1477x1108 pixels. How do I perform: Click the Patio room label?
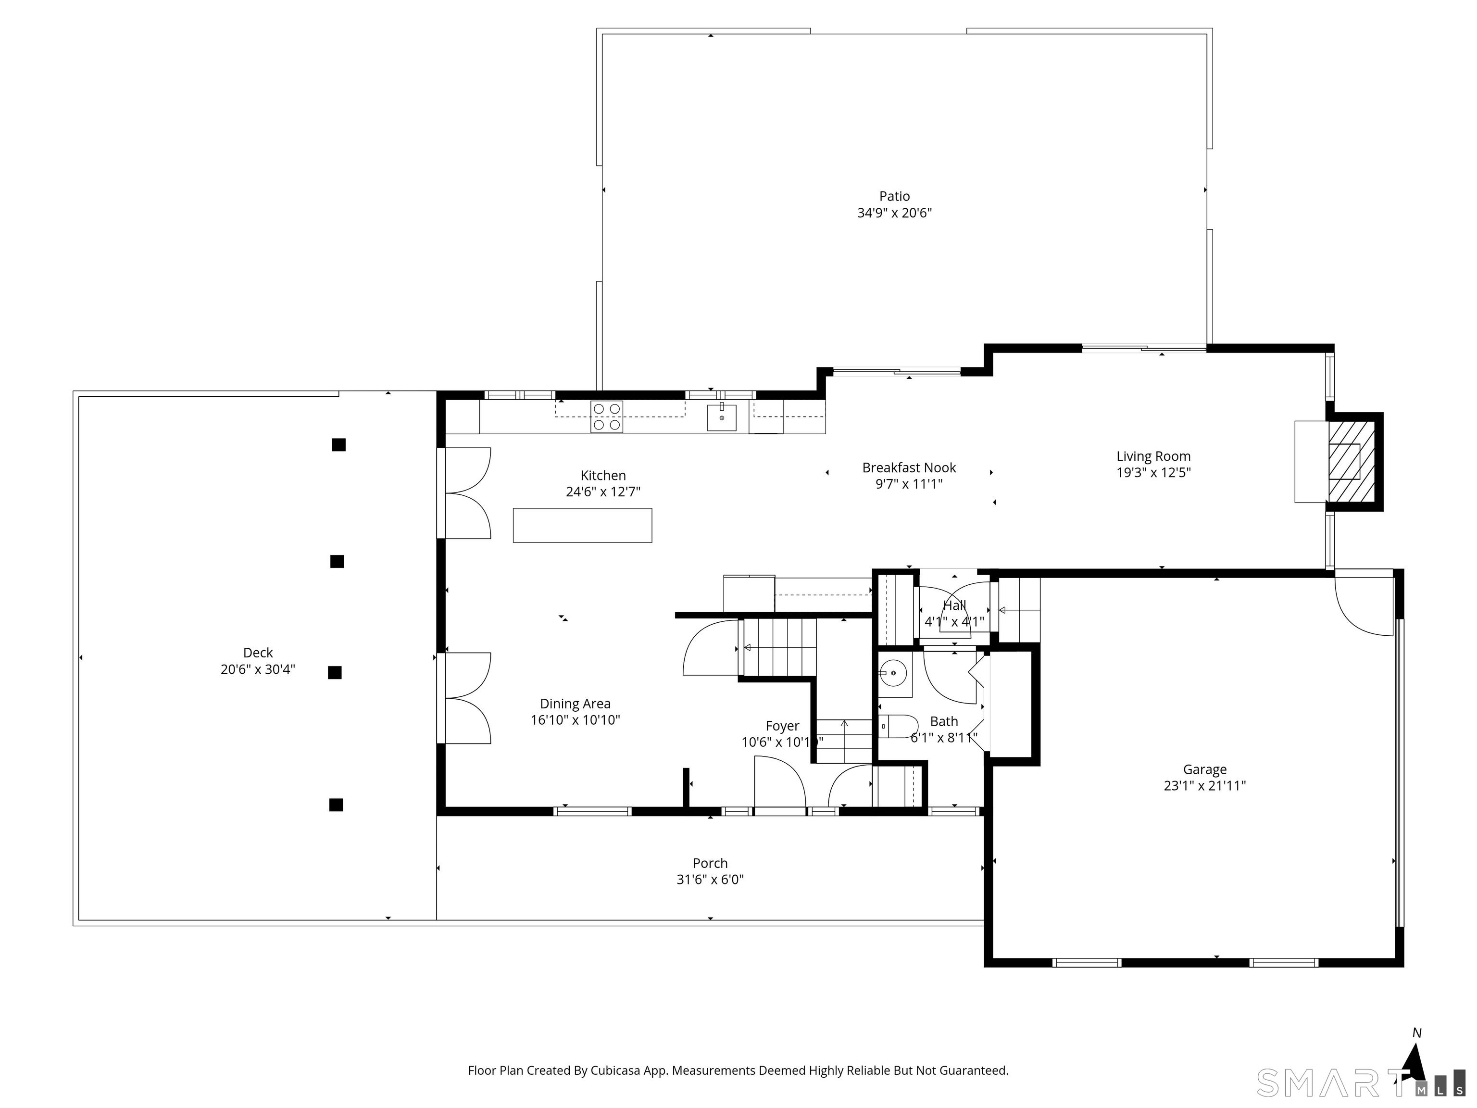click(x=894, y=196)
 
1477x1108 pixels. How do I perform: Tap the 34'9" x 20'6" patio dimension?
click(x=894, y=213)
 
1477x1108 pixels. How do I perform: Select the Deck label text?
click(x=258, y=653)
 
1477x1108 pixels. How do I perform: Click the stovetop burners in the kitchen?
click(x=606, y=417)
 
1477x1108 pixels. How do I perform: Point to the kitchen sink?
click(x=722, y=417)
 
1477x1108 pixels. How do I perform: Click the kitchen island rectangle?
click(x=582, y=525)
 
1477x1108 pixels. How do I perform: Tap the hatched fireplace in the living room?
click(x=1350, y=462)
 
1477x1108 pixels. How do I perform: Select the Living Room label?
click(x=1153, y=456)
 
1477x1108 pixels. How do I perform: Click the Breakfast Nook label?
click(x=909, y=467)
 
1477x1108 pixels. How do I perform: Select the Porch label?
click(x=710, y=863)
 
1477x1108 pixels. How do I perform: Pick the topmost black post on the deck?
click(x=338, y=445)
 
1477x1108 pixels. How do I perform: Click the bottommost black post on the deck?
click(x=336, y=805)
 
